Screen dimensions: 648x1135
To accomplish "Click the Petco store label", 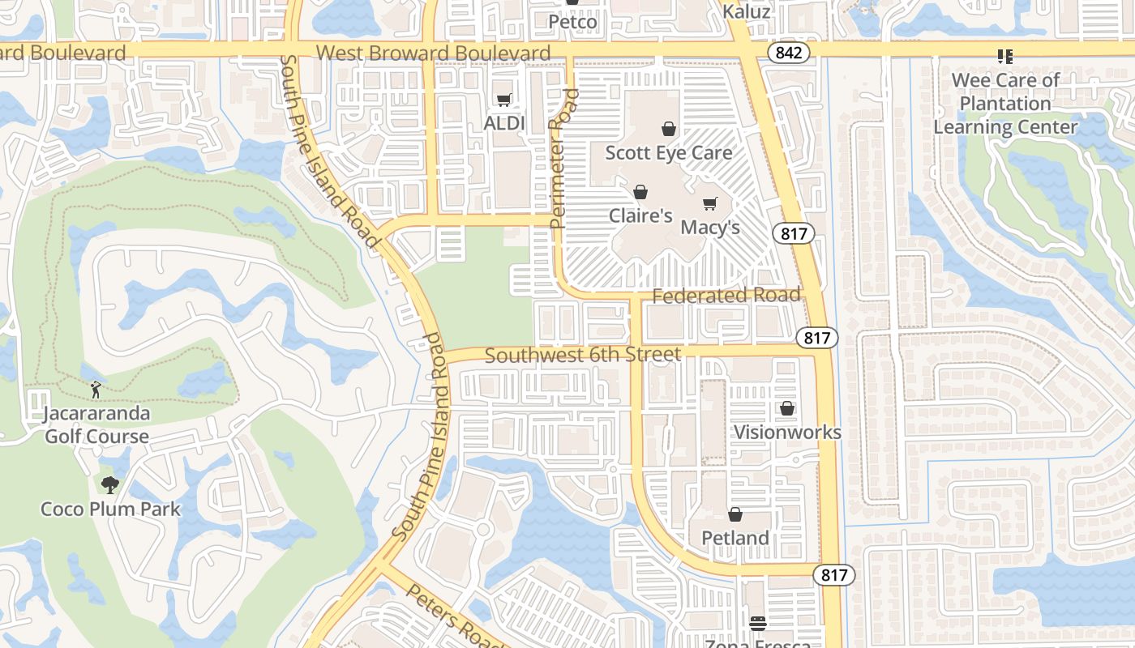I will (572, 22).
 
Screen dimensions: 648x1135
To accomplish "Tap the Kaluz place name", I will (746, 12).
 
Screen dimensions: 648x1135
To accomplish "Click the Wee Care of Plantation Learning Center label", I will (1005, 104).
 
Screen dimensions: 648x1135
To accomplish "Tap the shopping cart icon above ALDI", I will (504, 100).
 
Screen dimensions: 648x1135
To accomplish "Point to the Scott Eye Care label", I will (669, 152).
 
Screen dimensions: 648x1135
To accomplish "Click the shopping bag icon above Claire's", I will (640, 192).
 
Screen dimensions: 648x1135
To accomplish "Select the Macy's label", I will (710, 227).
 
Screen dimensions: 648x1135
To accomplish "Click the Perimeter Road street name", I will (563, 158).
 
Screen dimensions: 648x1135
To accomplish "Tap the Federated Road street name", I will (726, 296).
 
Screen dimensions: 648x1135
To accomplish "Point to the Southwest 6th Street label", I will (583, 355).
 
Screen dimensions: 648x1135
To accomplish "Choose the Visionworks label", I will (787, 432).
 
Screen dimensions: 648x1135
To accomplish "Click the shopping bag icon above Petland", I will (735, 514).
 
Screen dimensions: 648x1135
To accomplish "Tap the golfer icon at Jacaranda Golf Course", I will (96, 390).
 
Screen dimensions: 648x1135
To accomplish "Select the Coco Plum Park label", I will (110, 509).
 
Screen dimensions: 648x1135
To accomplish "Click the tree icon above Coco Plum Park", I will (110, 485).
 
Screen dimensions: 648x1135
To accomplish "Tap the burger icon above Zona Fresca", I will (758, 623).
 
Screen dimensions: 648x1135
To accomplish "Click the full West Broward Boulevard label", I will (433, 53).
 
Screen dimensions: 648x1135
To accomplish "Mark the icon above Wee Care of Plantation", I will (1005, 56).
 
